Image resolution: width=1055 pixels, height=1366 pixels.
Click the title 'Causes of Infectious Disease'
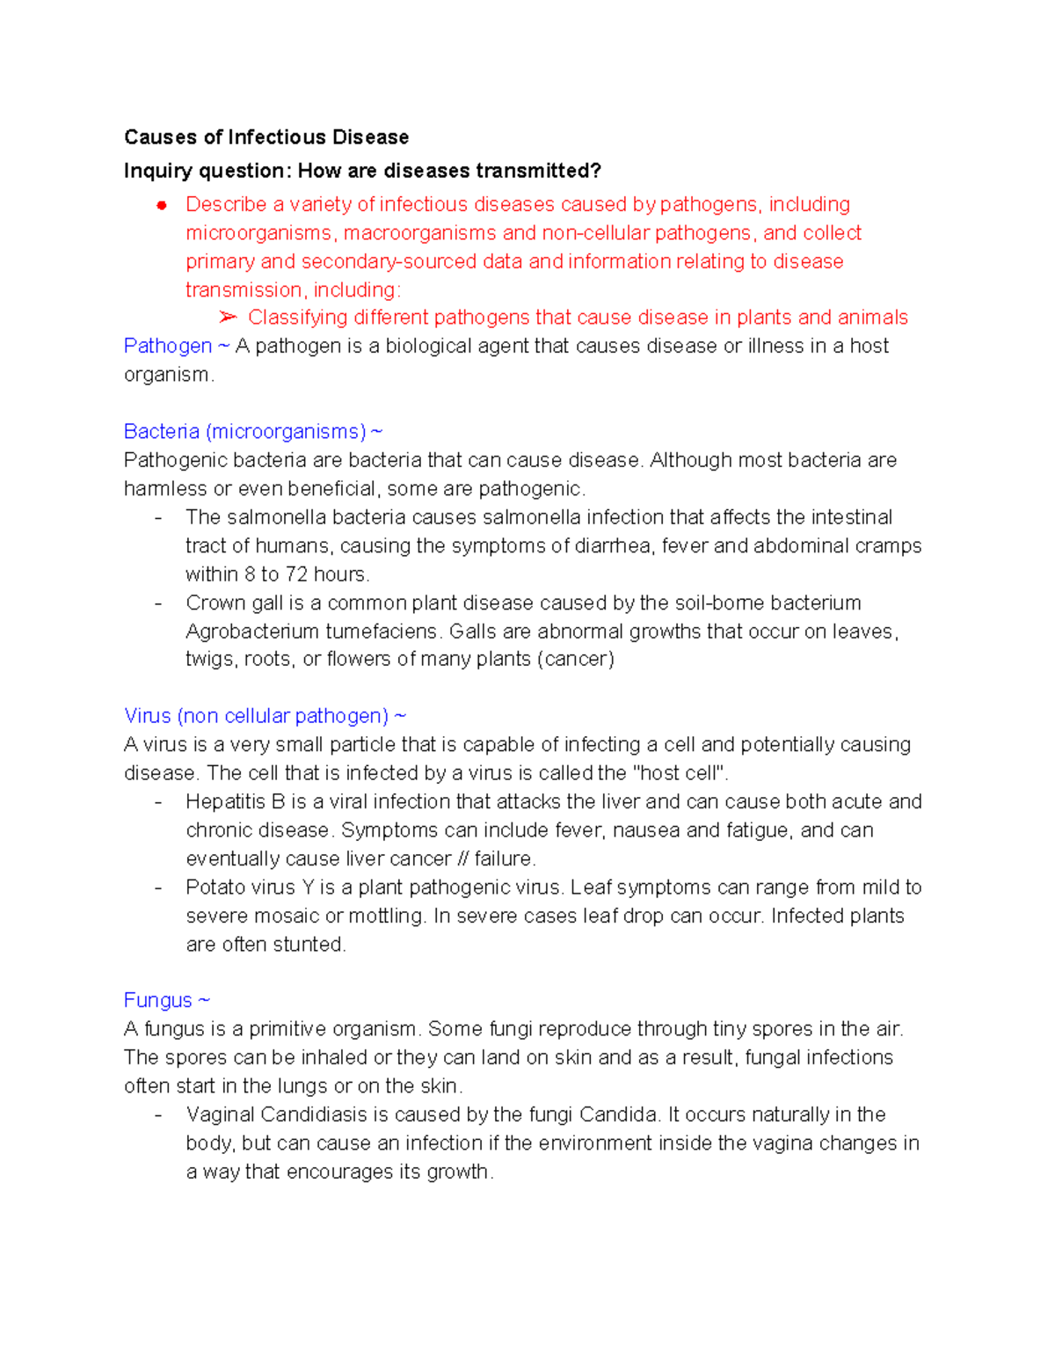[266, 137]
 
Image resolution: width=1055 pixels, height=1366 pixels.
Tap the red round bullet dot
[162, 206]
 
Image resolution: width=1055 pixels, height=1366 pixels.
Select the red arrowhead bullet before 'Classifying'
[228, 317]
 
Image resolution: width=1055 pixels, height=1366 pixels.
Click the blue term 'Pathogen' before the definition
[168, 346]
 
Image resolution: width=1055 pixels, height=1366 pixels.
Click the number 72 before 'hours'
[296, 574]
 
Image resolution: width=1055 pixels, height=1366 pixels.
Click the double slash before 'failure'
[462, 858]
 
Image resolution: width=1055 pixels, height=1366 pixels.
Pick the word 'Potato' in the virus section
[215, 887]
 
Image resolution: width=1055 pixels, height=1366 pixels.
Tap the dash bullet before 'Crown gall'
[158, 603]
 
